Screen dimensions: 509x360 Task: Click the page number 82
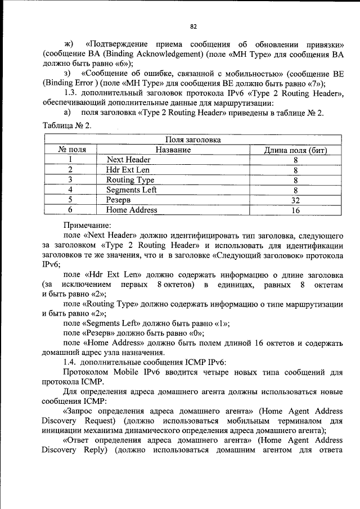point(193,26)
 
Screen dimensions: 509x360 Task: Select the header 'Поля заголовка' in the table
point(193,140)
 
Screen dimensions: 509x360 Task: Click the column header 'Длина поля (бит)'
point(295,150)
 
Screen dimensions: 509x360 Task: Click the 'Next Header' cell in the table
point(128,160)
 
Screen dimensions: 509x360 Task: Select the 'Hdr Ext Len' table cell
point(128,170)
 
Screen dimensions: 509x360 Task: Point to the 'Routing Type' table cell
point(130,180)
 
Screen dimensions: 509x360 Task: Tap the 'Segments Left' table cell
point(131,190)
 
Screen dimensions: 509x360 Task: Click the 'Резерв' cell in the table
point(118,200)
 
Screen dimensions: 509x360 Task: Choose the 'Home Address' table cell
point(132,210)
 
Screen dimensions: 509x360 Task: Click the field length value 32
point(295,200)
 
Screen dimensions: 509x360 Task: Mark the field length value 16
point(295,210)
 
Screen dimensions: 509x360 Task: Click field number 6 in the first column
point(71,210)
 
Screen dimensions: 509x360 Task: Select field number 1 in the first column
point(71,160)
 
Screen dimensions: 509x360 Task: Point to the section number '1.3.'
point(73,92)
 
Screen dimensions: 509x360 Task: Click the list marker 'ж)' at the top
point(69,44)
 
